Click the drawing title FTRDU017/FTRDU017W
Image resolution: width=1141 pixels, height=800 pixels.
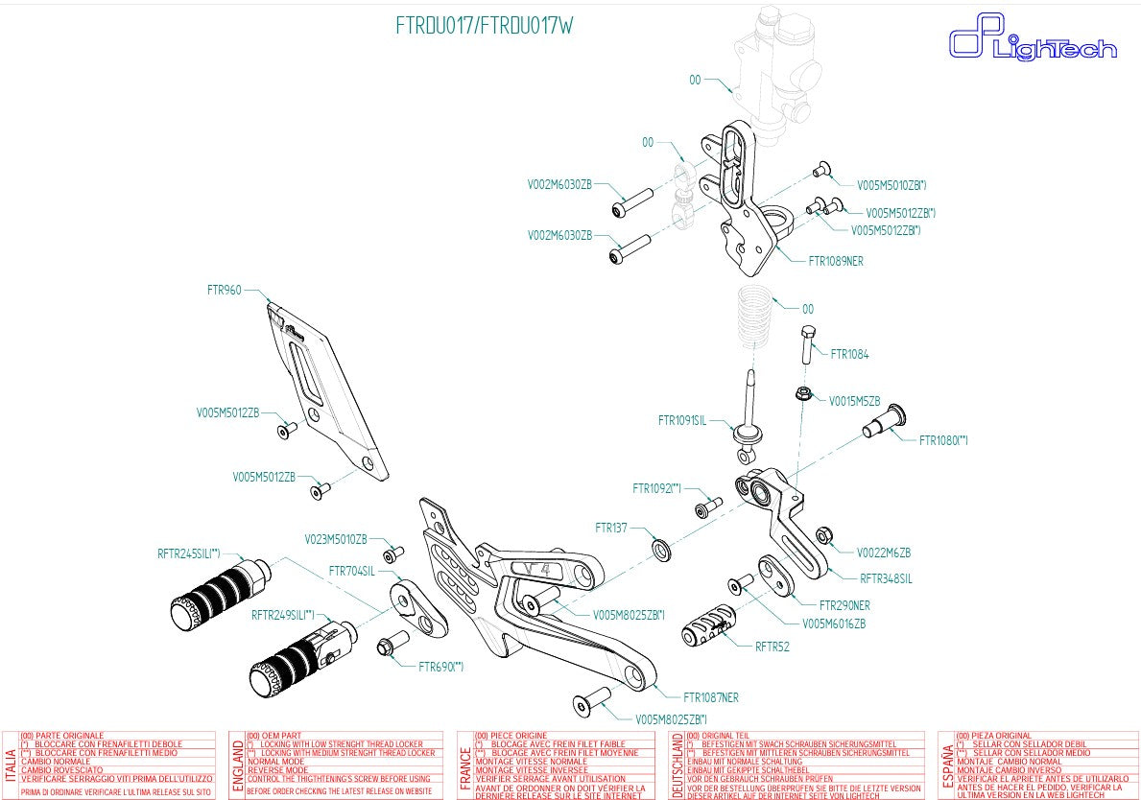[x=485, y=26]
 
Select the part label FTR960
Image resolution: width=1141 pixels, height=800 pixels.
[x=224, y=289]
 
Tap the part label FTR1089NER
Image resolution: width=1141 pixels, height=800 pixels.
[x=835, y=260]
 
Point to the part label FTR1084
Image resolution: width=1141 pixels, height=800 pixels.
[x=849, y=354]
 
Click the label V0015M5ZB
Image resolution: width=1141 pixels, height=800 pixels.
[x=854, y=401]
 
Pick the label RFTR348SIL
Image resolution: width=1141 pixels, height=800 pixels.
[x=886, y=578]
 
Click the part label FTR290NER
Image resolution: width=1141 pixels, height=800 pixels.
[x=844, y=605]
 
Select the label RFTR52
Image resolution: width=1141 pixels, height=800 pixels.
[x=772, y=647]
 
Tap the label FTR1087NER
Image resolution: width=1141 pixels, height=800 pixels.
[x=710, y=697]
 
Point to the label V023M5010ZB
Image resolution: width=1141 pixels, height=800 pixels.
[x=336, y=539]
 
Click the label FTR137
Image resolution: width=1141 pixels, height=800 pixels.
[x=610, y=528]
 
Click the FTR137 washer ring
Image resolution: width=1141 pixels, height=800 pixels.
[x=661, y=548]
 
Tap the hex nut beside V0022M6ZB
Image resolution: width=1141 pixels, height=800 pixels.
[x=822, y=535]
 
